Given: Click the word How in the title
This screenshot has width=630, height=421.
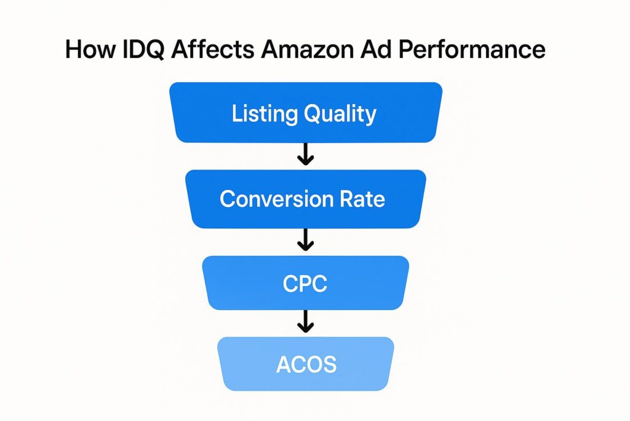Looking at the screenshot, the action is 90,49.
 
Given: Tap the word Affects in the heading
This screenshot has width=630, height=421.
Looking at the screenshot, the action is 212,49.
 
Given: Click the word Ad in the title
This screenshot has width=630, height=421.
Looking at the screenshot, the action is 376,49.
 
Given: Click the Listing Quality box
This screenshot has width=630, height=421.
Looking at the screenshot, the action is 306,112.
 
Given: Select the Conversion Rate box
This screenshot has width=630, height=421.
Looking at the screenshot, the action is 305,199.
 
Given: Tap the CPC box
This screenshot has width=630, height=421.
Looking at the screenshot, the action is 305,283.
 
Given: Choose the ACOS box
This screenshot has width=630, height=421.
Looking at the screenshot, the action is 306,364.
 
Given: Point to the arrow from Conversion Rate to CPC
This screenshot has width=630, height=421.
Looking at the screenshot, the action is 305,240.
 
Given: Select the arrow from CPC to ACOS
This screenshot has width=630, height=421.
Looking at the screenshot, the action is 305,321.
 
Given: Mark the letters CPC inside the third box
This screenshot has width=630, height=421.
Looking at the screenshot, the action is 305,284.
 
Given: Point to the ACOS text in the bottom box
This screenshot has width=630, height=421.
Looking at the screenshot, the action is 306,365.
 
